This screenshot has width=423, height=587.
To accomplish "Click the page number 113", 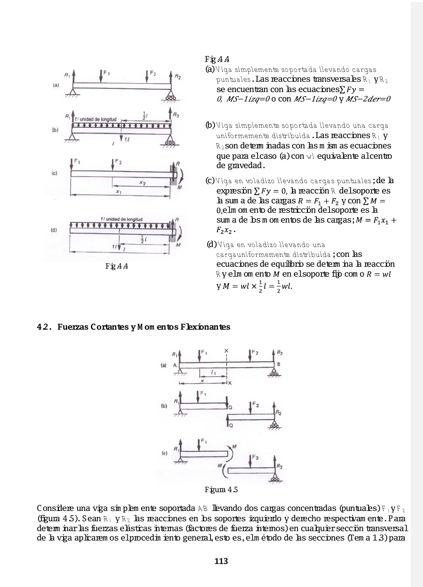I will pos(221,561).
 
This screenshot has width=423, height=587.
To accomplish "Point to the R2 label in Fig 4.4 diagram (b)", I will pos(176,114).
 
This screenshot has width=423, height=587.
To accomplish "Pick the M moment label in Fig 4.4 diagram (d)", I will pos(178,245).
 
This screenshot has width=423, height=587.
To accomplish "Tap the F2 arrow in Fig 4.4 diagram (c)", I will pos(113,166).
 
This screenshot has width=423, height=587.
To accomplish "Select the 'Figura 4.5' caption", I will pos(221,490).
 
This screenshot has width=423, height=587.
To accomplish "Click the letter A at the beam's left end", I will pos(174,364).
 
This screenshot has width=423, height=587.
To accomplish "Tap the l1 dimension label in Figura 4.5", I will pos(213,372).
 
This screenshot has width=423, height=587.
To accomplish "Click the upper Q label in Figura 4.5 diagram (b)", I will pos(230,407).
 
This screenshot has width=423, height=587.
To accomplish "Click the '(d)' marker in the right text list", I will pos(211,245).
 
